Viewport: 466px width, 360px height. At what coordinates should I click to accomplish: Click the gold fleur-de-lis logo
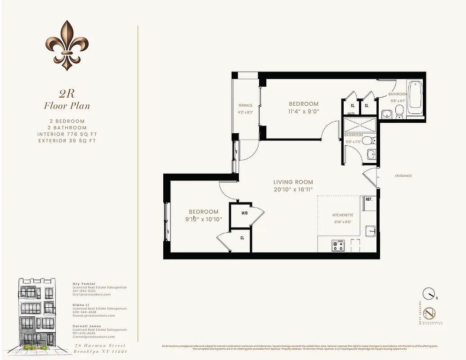point(67,45)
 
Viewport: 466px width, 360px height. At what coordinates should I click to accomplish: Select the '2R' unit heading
point(67,94)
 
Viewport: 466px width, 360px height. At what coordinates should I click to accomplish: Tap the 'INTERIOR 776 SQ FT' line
point(67,134)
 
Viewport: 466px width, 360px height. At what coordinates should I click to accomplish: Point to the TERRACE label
point(245,106)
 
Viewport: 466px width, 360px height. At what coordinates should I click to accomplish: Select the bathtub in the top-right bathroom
point(415,96)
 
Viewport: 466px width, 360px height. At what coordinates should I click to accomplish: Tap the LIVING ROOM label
point(293,182)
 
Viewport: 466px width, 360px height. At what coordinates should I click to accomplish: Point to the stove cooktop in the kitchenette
point(338,246)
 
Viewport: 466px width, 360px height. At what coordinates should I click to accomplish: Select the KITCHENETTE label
point(342,215)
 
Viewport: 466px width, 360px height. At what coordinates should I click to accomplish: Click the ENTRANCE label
point(403,176)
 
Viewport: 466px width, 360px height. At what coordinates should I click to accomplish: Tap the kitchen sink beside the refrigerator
point(371,231)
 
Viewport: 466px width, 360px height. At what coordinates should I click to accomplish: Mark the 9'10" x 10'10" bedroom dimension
point(203,220)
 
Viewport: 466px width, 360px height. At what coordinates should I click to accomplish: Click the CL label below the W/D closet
point(242,238)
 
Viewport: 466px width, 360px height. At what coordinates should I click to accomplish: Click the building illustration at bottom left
point(36,314)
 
